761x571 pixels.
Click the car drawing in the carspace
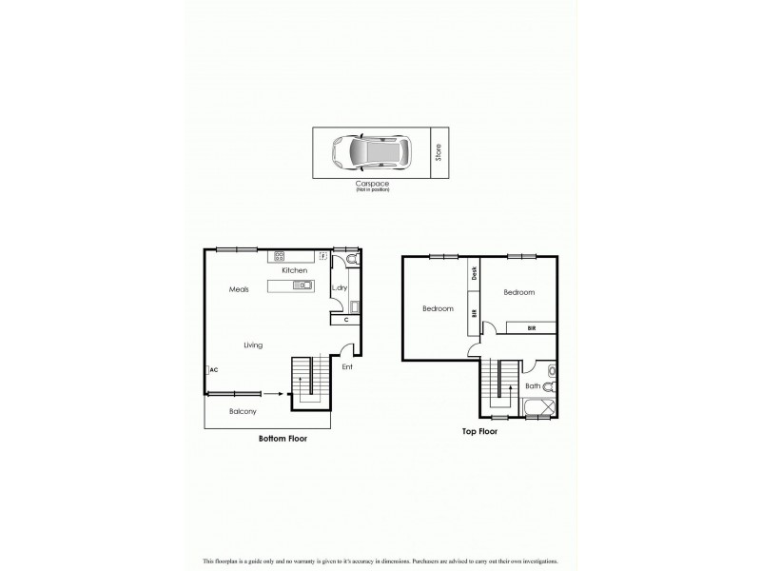point(369,151)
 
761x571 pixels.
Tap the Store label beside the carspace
point(439,151)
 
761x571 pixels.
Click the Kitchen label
point(294,271)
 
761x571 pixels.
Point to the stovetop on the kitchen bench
point(281,255)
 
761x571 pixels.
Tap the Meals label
point(239,289)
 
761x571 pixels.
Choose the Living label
point(252,345)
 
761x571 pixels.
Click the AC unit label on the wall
point(213,370)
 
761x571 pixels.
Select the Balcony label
point(243,411)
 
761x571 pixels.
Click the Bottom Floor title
point(283,439)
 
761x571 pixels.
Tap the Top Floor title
point(479,431)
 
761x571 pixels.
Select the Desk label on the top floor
point(473,272)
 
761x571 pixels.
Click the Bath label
point(533,385)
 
